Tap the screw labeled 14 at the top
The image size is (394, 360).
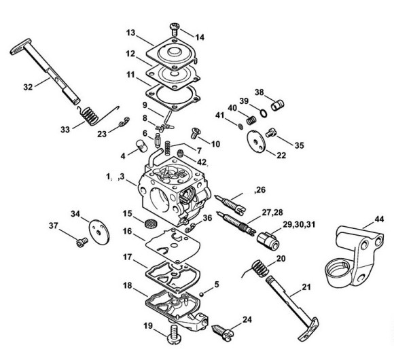point(174,29)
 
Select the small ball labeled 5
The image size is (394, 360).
point(201,293)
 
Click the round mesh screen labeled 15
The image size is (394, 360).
point(151,223)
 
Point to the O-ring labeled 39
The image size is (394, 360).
point(263,113)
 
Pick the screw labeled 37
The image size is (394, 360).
point(82,242)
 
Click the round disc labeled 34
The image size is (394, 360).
point(99,231)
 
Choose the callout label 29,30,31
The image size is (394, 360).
point(299,224)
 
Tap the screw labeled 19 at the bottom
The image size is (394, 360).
point(173,334)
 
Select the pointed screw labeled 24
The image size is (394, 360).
point(223,332)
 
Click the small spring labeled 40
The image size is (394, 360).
point(251,120)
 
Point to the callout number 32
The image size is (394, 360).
point(28,87)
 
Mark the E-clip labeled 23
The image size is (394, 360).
point(124,121)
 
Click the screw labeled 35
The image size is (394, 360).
point(270,132)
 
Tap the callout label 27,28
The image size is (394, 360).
point(272,213)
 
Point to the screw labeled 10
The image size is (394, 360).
point(195,133)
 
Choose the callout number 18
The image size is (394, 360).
point(128,286)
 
